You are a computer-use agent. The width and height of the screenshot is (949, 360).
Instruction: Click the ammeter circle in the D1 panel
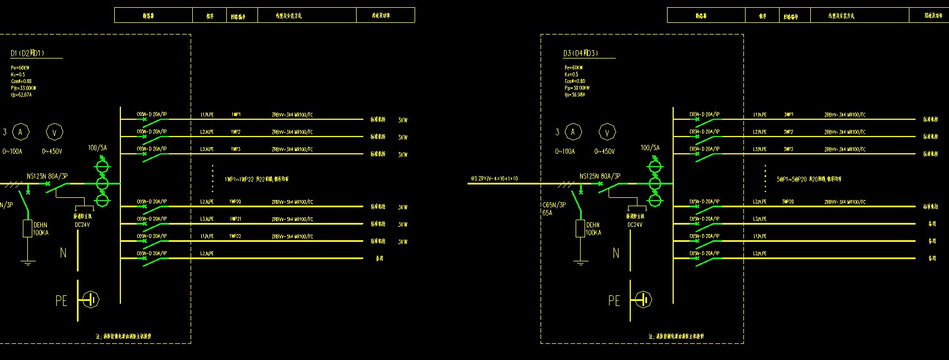pyautogui.click(x=21, y=132)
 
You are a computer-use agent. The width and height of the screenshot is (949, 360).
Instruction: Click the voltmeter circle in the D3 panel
pyautogui.click(x=607, y=132)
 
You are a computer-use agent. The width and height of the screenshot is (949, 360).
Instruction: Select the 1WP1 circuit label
pyautogui.click(x=236, y=115)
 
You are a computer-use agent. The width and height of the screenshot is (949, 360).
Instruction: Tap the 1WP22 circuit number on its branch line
pyautogui.click(x=235, y=236)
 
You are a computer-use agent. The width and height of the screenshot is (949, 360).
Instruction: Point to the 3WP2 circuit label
pyautogui.click(x=788, y=132)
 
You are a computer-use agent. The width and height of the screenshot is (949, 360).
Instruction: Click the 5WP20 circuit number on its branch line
pyautogui.click(x=788, y=202)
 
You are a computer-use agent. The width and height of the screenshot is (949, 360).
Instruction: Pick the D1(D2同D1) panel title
pyautogui.click(x=27, y=53)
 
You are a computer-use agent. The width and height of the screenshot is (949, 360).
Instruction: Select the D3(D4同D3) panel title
pyautogui.click(x=580, y=53)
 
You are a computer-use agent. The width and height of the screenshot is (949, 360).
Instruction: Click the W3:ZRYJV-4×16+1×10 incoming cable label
pyautogui.click(x=494, y=179)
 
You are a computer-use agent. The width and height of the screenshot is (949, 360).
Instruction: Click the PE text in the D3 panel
pyautogui.click(x=614, y=301)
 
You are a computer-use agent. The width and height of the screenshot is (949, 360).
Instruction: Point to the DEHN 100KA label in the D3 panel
pyautogui.click(x=593, y=229)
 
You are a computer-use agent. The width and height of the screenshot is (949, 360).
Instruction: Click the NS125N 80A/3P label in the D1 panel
pyautogui.click(x=47, y=176)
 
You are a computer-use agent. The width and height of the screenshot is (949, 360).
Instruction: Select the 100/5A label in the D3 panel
pyautogui.click(x=650, y=148)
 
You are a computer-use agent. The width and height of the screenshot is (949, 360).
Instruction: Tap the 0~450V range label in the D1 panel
pyautogui.click(x=52, y=152)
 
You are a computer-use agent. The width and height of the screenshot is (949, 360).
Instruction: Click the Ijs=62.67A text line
pyautogui.click(x=21, y=95)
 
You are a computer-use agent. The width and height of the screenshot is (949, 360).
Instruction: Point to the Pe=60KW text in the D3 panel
pyautogui.click(x=573, y=67)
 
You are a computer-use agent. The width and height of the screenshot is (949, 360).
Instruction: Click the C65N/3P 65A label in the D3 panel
pyautogui.click(x=554, y=208)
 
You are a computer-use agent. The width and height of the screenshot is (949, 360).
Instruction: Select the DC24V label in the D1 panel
pyautogui.click(x=82, y=225)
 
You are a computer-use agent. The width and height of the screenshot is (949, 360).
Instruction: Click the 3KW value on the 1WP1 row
pyautogui.click(x=402, y=120)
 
